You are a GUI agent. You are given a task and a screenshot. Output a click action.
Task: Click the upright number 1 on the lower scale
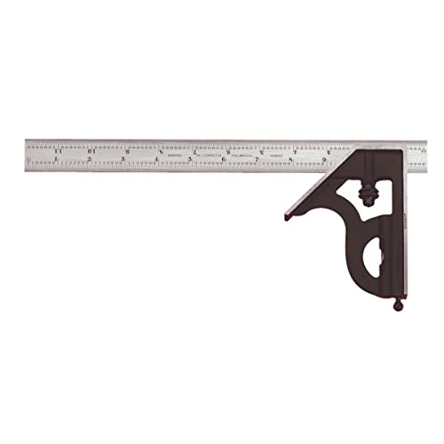pos(55,160)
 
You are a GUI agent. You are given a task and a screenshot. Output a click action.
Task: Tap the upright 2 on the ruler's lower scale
pos(89,160)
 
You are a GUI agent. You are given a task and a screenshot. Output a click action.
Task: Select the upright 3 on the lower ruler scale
pos(123,160)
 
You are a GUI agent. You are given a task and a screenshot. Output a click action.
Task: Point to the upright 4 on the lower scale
pos(156,160)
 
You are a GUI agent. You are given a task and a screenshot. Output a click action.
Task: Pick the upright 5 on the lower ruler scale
pos(190,160)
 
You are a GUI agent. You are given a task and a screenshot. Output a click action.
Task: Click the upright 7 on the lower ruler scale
pos(258,160)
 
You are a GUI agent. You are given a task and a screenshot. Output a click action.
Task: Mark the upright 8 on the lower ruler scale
pos(291,160)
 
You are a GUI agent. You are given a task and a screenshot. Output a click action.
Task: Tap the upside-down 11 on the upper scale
pos(59,151)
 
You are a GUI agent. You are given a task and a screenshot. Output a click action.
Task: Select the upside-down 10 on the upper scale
pos(92,151)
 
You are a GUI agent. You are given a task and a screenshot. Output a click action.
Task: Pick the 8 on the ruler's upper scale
pos(160,151)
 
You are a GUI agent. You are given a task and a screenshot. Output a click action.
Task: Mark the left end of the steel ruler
pos(28,155)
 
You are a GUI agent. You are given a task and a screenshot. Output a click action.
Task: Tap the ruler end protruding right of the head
pos(417,155)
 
